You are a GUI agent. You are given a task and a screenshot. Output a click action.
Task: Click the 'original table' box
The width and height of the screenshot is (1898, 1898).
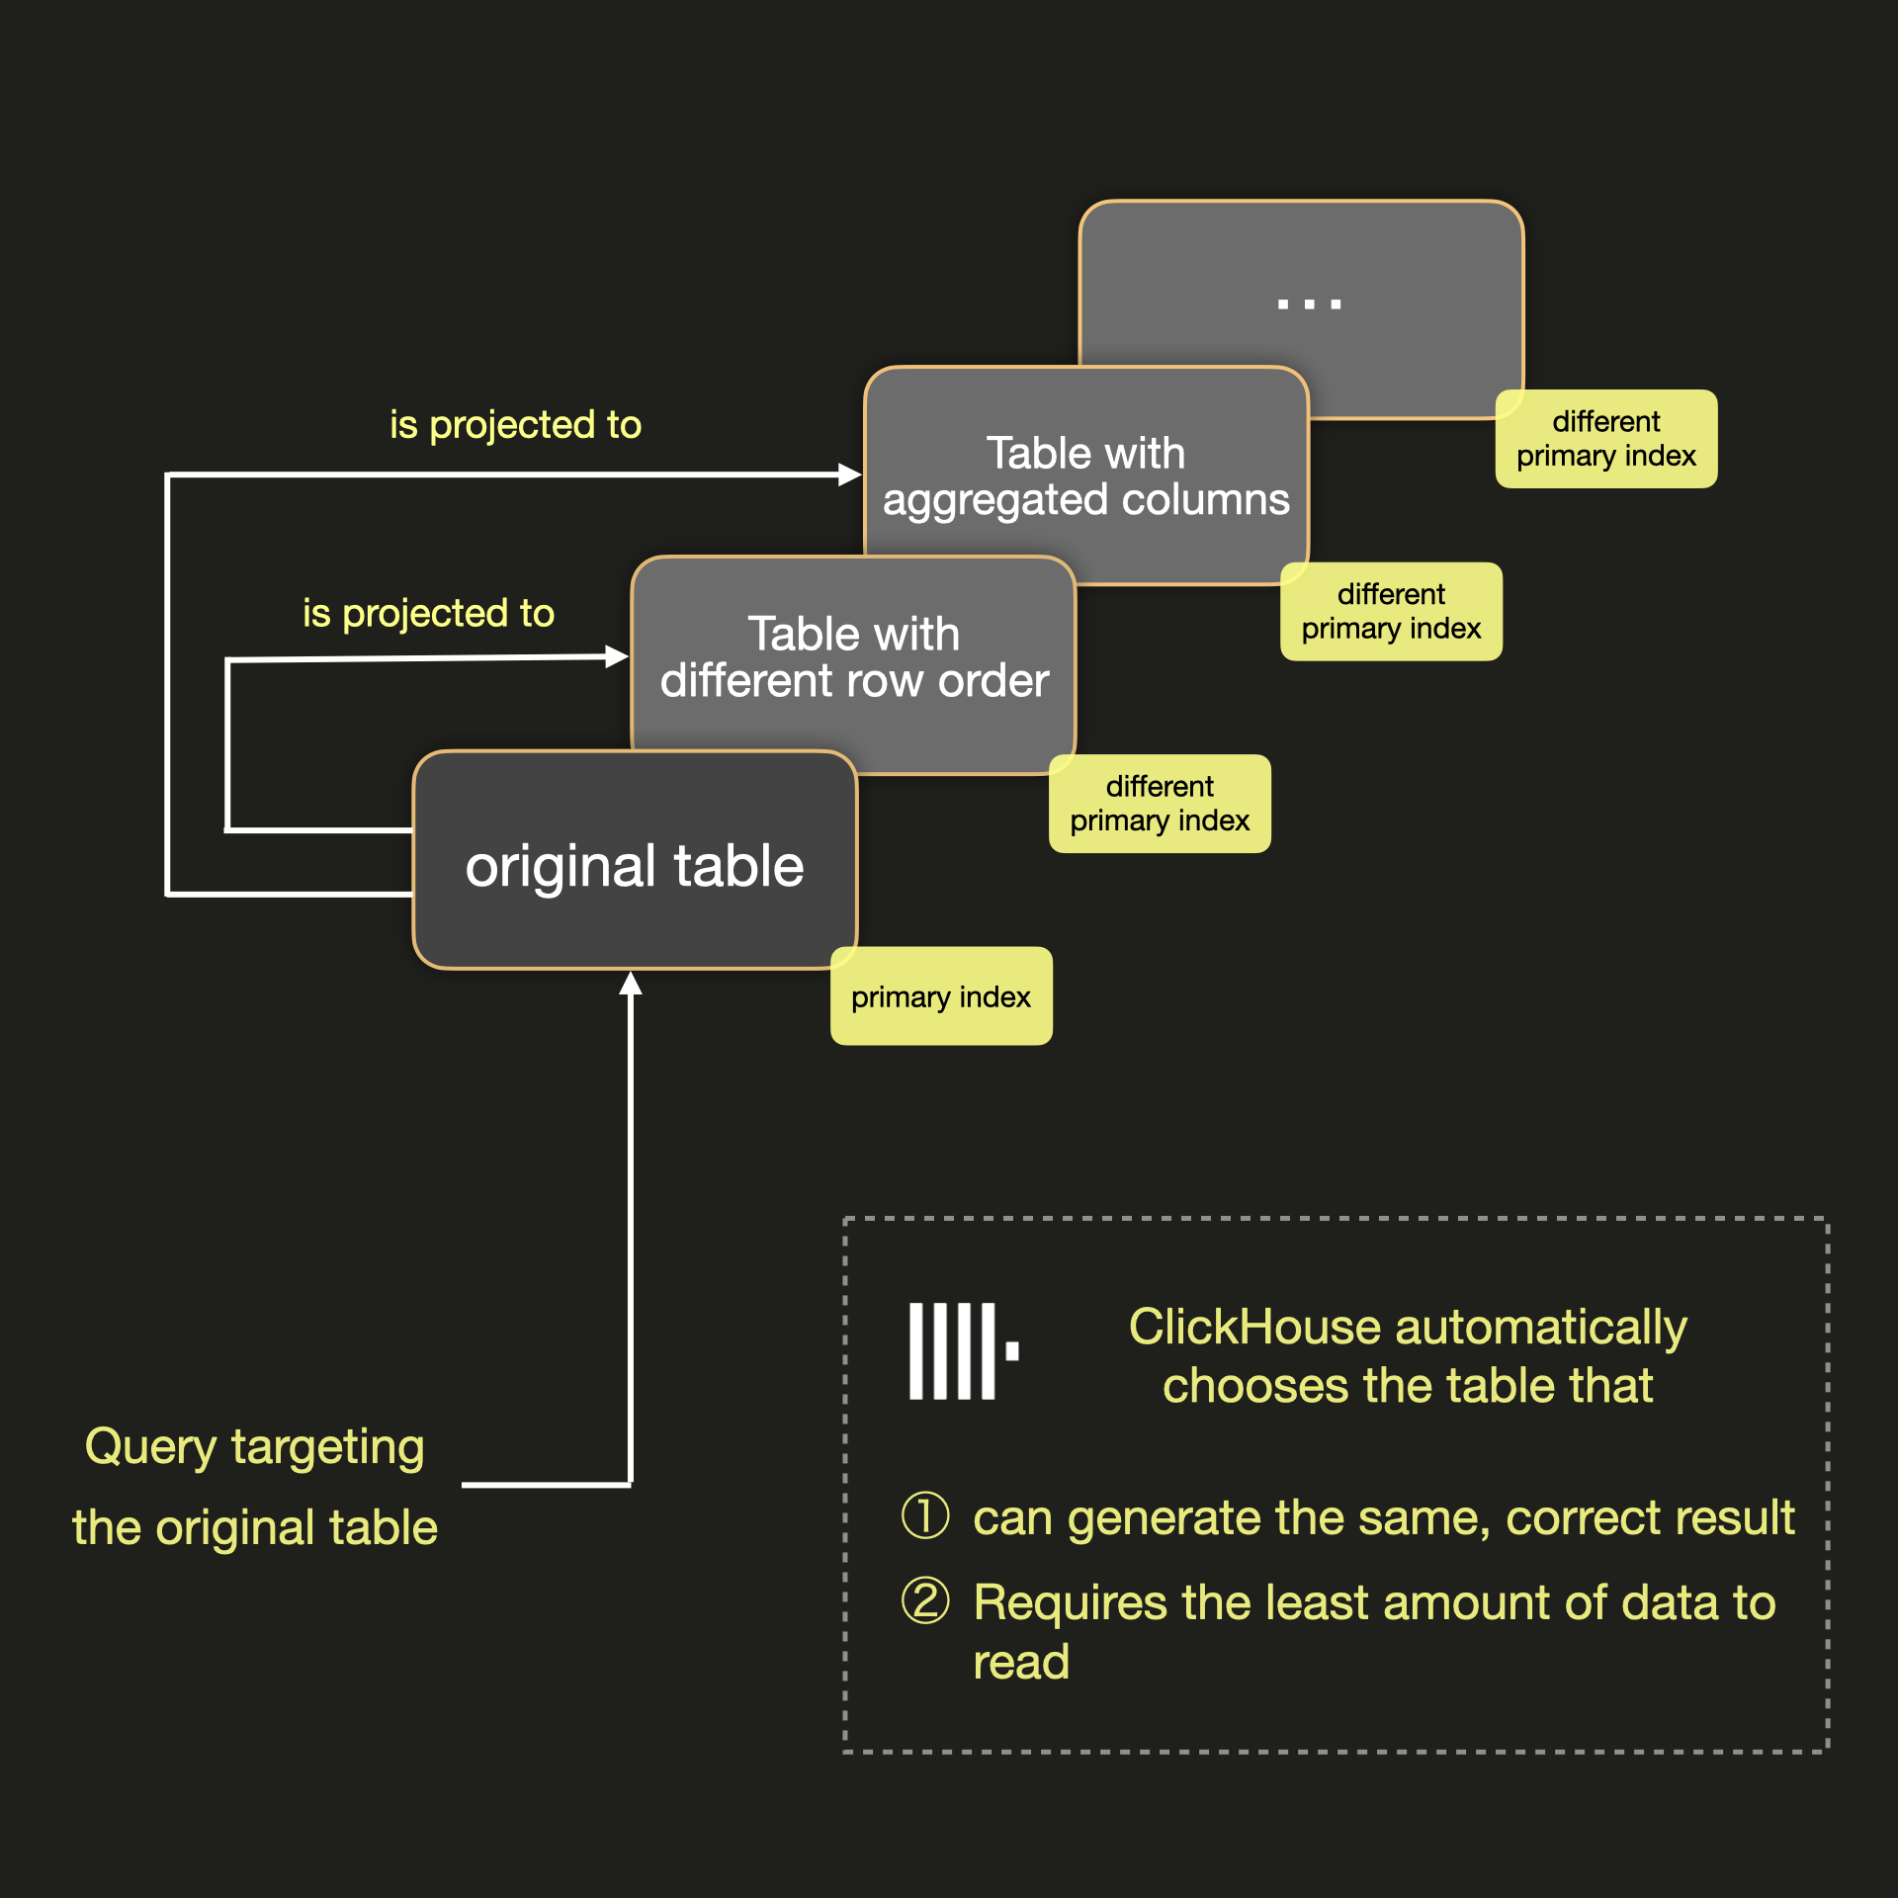pyautogui.click(x=635, y=865)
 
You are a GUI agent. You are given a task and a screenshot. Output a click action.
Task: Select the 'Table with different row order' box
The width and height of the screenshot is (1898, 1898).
pyautogui.click(x=853, y=657)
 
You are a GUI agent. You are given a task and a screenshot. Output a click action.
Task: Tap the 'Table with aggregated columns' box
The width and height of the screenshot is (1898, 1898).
pyautogui.click(x=1085, y=476)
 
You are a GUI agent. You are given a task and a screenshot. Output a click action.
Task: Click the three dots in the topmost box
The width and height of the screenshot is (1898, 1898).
pyautogui.click(x=1309, y=303)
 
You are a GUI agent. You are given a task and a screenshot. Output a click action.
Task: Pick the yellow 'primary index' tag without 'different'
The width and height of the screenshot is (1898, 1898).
pyautogui.click(x=941, y=996)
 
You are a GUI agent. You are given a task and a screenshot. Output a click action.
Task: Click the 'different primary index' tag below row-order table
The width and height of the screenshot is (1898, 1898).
pyautogui.click(x=1160, y=804)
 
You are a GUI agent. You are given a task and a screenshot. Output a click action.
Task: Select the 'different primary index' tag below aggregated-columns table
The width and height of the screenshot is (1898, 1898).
pyautogui.click(x=1391, y=611)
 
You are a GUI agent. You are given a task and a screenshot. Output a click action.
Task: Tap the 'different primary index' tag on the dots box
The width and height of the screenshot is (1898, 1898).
pyautogui.click(x=1605, y=438)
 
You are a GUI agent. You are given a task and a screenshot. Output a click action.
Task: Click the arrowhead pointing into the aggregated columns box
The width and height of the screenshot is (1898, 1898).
pyautogui.click(x=850, y=474)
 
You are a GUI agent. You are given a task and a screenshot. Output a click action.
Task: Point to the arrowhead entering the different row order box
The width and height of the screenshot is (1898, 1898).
pyautogui.click(x=617, y=656)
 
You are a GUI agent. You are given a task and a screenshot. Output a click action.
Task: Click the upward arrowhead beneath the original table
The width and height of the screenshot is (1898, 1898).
pyautogui.click(x=631, y=984)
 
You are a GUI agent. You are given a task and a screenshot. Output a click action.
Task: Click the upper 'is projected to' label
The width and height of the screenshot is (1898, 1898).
pyautogui.click(x=515, y=424)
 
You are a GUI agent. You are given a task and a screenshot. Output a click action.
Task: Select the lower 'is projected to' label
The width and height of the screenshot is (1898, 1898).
pyautogui.click(x=428, y=613)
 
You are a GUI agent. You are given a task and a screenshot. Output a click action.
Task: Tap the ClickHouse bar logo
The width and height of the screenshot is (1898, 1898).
pyautogui.click(x=963, y=1350)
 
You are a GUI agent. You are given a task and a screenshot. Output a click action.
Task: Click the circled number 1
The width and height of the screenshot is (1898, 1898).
pyautogui.click(x=925, y=1515)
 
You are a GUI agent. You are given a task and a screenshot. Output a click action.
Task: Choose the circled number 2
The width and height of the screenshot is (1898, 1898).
pyautogui.click(x=925, y=1600)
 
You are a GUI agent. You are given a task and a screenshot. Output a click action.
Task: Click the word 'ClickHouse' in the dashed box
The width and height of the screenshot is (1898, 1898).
pyautogui.click(x=1252, y=1327)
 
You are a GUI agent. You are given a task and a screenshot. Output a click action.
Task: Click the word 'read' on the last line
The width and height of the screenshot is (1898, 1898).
pyautogui.click(x=1020, y=1662)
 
